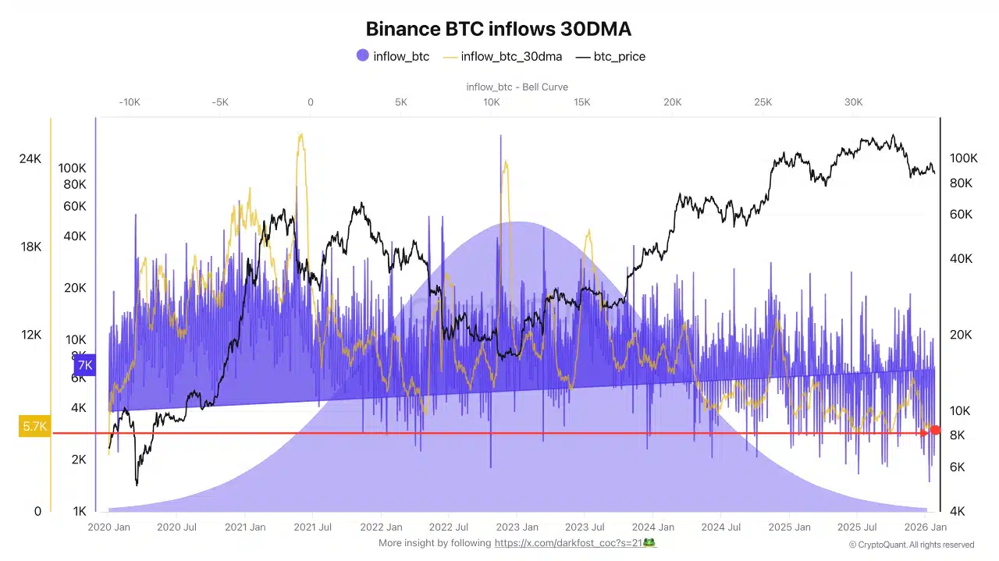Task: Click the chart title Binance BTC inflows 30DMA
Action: tap(499, 29)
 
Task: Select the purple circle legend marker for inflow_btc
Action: tap(362, 56)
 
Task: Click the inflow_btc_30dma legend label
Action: tap(510, 56)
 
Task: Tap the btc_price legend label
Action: tap(619, 56)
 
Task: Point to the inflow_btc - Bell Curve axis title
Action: tap(517, 87)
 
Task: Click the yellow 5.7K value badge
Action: tap(35, 427)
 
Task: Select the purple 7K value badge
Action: tap(84, 365)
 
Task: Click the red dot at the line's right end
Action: tap(935, 431)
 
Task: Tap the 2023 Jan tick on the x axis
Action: tap(517, 527)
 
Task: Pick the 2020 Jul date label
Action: tap(177, 527)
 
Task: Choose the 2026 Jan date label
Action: tap(926, 527)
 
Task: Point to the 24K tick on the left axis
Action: tap(30, 159)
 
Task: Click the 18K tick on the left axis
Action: tap(30, 247)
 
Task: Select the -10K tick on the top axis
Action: tap(130, 102)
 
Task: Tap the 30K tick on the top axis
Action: tap(853, 102)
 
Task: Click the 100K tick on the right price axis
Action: tap(963, 158)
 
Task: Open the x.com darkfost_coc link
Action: tap(567, 543)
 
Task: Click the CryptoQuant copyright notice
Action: tap(911, 545)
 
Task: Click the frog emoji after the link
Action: tap(648, 542)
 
